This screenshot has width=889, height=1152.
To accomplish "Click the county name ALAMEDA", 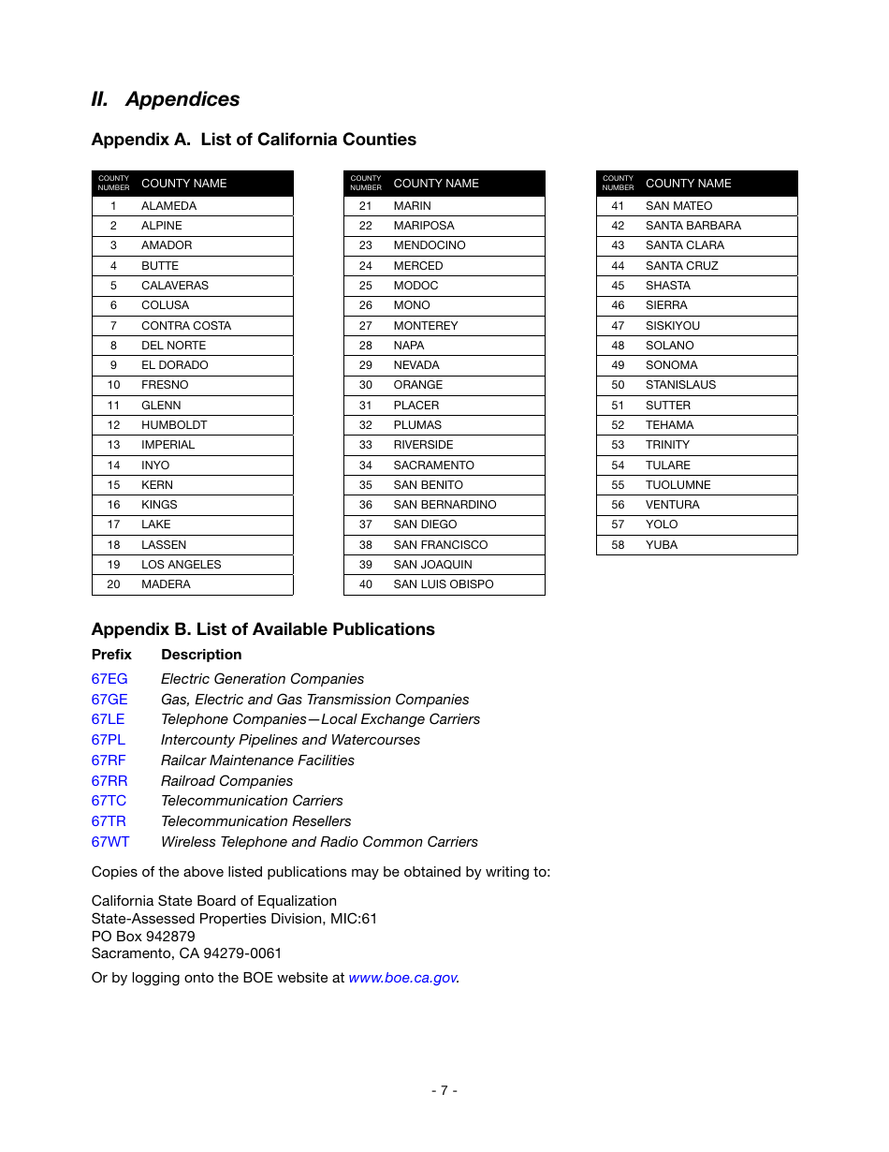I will point(169,206).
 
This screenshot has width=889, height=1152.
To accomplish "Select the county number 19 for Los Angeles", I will point(113,565).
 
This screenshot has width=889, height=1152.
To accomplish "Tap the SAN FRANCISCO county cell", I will point(440,545).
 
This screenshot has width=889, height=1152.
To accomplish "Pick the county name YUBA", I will point(662,545).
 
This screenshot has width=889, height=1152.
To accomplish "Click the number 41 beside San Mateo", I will point(618,206).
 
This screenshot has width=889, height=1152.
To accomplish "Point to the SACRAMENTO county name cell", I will point(433,465).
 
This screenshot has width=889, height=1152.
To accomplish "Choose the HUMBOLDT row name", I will point(174,425).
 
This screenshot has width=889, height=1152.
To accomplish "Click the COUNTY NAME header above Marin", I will point(436,184).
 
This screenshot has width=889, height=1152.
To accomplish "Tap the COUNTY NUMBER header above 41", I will point(618,183).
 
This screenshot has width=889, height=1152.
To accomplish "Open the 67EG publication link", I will point(109,679).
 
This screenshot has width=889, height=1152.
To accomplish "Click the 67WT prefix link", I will point(110,842).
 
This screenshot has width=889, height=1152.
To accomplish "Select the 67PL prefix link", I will point(109,740).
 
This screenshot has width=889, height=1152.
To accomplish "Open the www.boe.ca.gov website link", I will point(402,978).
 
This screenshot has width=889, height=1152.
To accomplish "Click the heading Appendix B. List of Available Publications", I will point(263,629).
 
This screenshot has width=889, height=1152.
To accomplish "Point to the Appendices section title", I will point(166,99).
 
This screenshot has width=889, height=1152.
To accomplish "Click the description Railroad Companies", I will point(226,781).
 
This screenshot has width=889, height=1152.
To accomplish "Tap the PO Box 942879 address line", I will point(143,936).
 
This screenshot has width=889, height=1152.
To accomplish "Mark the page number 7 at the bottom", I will point(444,1090).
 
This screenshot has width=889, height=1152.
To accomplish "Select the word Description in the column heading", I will point(201,655).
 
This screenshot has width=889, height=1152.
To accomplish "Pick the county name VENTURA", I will point(672,505).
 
